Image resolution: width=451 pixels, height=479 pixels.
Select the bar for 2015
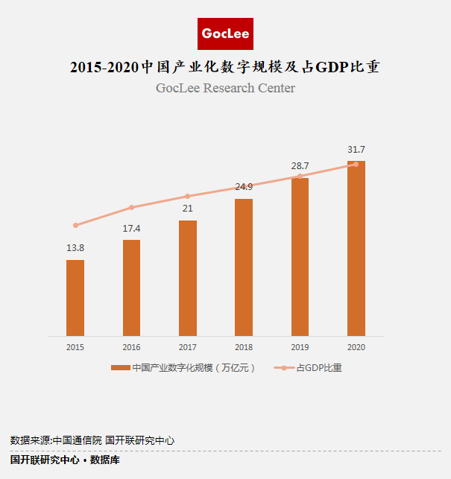pos(75,297)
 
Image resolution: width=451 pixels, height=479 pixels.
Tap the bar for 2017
pos(188,278)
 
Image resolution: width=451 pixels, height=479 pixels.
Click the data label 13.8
pos(75,247)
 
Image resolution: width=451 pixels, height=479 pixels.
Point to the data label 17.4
pos(131,227)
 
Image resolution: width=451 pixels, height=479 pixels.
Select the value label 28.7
pos(300,165)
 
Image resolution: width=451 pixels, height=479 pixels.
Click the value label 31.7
pos(356,150)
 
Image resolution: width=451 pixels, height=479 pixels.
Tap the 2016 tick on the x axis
pos(131,347)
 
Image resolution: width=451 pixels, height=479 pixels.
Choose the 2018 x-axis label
pos(244,347)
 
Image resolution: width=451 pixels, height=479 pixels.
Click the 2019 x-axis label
pos(300,347)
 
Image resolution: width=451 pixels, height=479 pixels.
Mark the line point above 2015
pos(75,225)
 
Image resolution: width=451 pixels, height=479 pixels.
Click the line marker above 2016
pos(131,207)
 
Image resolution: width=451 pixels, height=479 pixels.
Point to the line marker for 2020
pos(356,164)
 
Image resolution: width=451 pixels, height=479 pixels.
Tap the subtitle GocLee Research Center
pos(225,89)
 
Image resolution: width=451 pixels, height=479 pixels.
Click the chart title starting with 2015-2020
pos(225,67)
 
